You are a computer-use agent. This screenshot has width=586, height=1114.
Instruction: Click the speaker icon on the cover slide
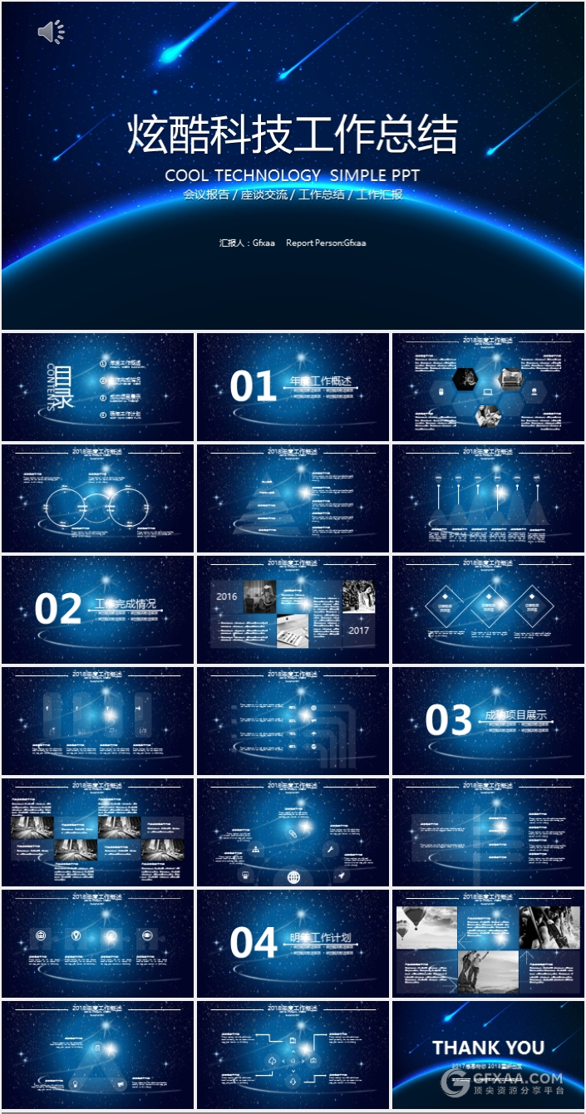click(50, 32)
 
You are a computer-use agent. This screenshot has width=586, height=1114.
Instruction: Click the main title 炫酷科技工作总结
click(293, 135)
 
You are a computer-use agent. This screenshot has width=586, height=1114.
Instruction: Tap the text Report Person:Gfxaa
click(326, 243)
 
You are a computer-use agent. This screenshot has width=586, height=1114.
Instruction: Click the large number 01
click(253, 387)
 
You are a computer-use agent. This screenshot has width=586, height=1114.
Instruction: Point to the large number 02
click(58, 609)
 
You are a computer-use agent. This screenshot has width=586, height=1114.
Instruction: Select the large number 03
click(449, 720)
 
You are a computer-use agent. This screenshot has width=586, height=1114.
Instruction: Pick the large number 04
click(253, 944)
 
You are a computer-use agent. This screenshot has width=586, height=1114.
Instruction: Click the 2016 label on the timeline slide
click(226, 596)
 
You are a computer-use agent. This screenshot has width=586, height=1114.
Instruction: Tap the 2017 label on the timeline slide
click(359, 631)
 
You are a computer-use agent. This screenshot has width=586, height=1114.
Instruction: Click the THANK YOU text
click(488, 1048)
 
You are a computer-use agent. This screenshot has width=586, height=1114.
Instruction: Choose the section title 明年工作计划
click(320, 938)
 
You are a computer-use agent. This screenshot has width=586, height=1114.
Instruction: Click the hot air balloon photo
click(426, 927)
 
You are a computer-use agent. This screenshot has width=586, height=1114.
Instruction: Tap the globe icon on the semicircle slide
click(293, 876)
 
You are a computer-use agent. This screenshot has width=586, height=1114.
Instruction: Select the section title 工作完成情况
click(126, 604)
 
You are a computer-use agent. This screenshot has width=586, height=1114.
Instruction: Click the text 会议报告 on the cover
click(206, 195)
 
